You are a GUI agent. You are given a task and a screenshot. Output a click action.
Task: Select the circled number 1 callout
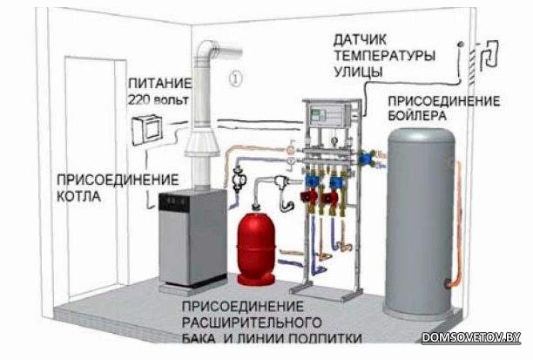click(x=235, y=78)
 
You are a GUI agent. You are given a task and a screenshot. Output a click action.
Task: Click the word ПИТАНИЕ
click(x=159, y=84)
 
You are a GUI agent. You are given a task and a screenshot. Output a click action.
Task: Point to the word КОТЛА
click(x=78, y=196)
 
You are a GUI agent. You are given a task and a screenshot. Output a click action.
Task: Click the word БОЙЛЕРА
click(x=417, y=116)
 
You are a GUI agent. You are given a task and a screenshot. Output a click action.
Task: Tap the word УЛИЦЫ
click(x=358, y=71)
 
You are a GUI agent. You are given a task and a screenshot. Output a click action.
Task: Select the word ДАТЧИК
click(x=360, y=40)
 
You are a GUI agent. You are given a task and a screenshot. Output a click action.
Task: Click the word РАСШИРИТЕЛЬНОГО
click(x=252, y=323)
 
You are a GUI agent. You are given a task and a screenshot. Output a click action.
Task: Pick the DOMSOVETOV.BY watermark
click(x=471, y=337)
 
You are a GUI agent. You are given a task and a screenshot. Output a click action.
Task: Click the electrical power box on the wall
click(x=147, y=130)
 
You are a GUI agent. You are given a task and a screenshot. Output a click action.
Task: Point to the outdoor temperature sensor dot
click(x=460, y=44)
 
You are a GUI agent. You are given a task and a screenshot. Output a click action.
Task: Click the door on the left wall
click(x=91, y=177)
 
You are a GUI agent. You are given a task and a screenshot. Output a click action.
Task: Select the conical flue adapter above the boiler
click(x=202, y=142)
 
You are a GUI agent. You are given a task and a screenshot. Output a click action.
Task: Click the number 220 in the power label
click(x=138, y=99)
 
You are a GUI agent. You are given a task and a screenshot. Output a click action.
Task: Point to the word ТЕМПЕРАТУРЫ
click(x=384, y=56)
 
